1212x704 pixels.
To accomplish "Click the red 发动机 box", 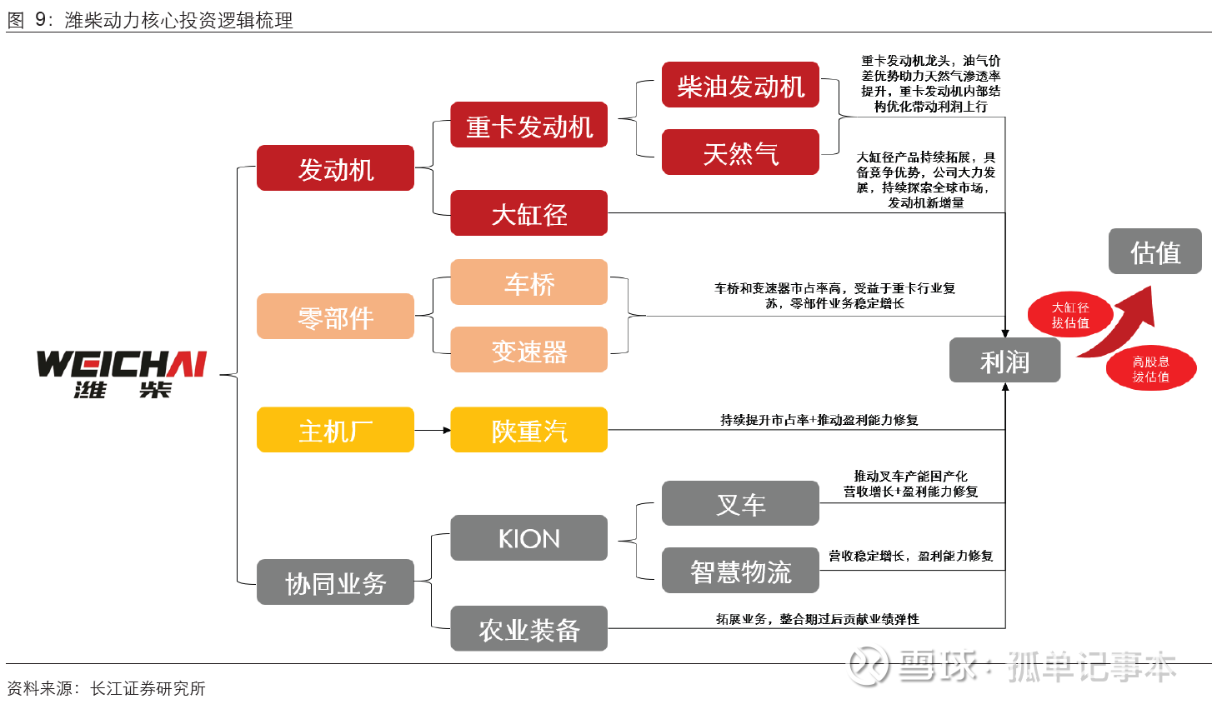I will click(x=335, y=168).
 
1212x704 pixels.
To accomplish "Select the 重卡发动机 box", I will click(x=528, y=125).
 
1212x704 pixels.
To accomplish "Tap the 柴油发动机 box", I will click(x=740, y=85).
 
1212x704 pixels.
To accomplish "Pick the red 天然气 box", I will click(x=740, y=152).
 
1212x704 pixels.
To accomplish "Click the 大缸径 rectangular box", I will click(x=528, y=213).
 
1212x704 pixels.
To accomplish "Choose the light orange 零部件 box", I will click(x=335, y=317).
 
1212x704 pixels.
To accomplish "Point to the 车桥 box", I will click(x=528, y=282).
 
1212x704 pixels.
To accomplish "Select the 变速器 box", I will click(x=528, y=350).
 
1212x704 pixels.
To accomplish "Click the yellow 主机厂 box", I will click(x=335, y=430).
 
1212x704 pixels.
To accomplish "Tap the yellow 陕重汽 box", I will click(x=528, y=430).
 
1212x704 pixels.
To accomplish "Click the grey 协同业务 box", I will click(x=335, y=582).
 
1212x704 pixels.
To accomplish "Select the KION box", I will click(x=528, y=538).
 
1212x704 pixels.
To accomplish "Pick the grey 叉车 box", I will click(x=740, y=503).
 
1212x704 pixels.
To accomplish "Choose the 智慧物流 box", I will click(x=740, y=571).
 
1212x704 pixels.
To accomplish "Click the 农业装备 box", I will click(x=528, y=629).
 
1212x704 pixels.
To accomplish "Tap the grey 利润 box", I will click(x=1004, y=361).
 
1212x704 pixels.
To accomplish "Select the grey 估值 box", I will click(x=1154, y=251).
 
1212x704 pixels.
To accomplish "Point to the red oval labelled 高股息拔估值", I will click(x=1150, y=368).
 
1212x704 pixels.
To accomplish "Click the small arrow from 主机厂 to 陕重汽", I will click(x=433, y=430).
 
